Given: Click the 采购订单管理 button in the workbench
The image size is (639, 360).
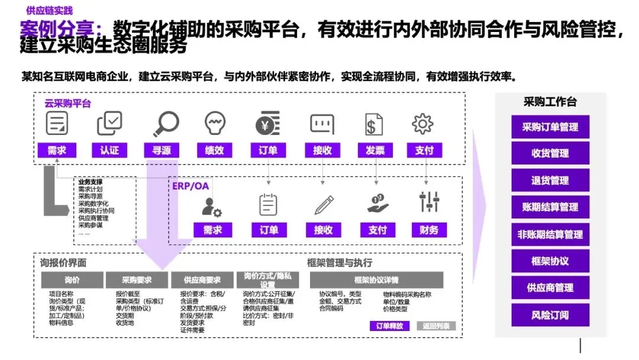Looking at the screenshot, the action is (x=550, y=127).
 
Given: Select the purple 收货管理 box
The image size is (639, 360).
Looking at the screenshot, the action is (x=550, y=153).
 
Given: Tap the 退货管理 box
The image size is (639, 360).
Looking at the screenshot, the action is (x=550, y=180).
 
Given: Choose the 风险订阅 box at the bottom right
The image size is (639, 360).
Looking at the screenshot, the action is (x=550, y=315).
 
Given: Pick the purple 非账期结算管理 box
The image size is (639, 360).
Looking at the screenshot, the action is (x=550, y=234).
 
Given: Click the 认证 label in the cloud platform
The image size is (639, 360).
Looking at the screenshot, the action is (x=109, y=150).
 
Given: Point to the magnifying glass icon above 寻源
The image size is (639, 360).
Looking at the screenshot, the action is (x=166, y=124).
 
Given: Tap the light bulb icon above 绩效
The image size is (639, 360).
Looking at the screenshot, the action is (x=215, y=123).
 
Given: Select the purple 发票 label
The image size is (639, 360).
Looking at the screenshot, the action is (x=375, y=150).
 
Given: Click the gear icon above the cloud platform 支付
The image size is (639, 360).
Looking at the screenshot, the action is (x=422, y=123).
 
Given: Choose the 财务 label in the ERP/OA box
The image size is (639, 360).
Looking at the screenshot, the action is (x=430, y=230).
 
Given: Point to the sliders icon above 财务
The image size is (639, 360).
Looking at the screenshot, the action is (x=430, y=202).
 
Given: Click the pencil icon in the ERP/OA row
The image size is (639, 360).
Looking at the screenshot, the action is (x=324, y=204).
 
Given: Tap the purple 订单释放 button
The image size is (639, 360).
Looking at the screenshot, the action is (x=389, y=326).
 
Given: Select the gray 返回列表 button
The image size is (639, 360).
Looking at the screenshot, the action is (x=436, y=326).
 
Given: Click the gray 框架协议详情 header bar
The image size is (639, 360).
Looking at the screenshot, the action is (x=376, y=280).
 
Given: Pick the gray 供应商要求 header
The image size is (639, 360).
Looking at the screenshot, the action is (x=202, y=280).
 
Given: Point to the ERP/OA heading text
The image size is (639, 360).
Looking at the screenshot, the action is (x=191, y=186).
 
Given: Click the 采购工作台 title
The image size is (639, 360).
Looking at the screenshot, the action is (x=550, y=102).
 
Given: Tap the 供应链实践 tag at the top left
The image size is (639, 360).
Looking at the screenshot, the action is (x=50, y=10).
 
